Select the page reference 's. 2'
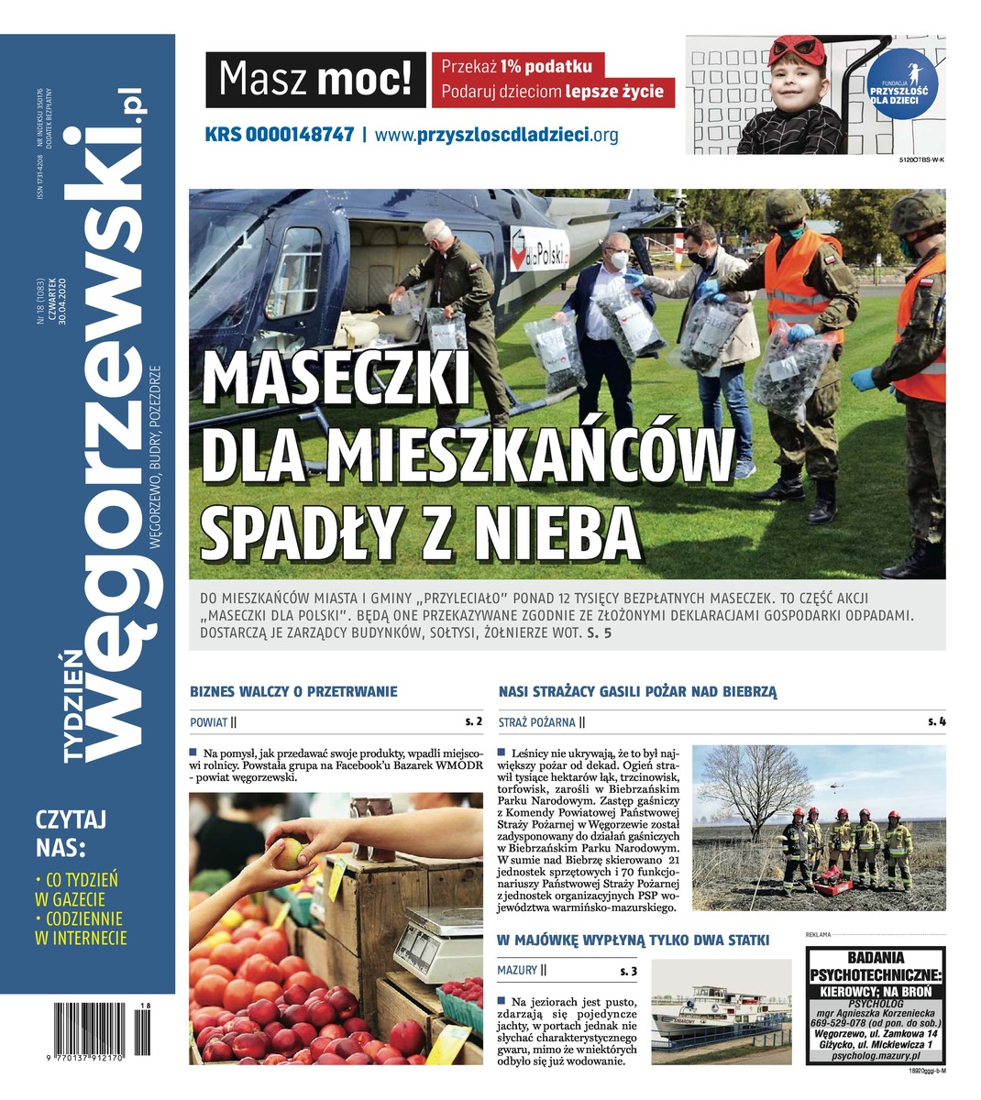(x=473, y=721)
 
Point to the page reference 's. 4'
(x=936, y=721)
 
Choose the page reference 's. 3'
(x=629, y=970)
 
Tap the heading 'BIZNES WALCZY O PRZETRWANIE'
(x=293, y=691)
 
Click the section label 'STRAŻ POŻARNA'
(x=537, y=722)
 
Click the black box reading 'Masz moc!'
(x=315, y=80)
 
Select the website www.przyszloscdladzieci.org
(x=496, y=135)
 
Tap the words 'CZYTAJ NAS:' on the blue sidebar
(x=72, y=830)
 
